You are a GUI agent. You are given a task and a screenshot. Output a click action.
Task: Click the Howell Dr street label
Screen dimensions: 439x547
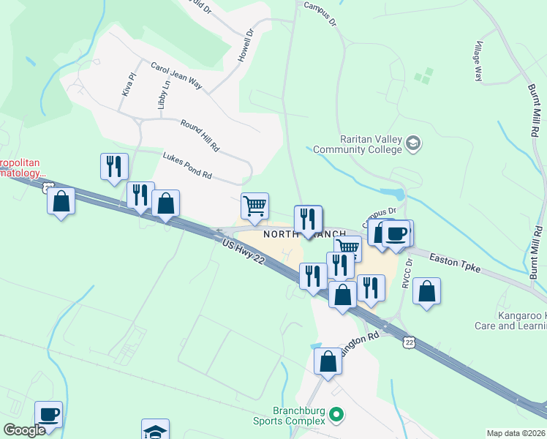click(244, 45)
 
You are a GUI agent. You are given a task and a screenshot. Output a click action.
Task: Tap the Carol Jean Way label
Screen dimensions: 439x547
click(176, 77)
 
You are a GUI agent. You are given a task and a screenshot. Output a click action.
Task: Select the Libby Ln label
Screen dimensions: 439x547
click(162, 93)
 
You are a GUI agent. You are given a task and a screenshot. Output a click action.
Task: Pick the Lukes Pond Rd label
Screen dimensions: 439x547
click(186, 165)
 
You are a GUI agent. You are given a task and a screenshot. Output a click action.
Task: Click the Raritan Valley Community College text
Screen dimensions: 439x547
click(358, 144)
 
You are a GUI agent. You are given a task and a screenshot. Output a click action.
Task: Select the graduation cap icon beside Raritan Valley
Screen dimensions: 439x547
click(414, 142)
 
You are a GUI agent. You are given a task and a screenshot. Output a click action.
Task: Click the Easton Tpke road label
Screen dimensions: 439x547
click(454, 263)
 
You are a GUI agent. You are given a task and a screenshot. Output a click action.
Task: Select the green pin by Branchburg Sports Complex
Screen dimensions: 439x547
click(336, 415)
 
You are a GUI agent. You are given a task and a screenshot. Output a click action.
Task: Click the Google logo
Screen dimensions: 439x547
click(25, 431)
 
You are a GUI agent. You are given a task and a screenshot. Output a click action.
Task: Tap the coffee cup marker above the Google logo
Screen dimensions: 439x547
click(48, 414)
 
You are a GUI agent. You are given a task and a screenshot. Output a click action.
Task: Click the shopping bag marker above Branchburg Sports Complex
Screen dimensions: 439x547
click(328, 361)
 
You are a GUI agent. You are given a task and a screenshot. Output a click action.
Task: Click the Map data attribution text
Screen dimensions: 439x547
click(516, 433)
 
